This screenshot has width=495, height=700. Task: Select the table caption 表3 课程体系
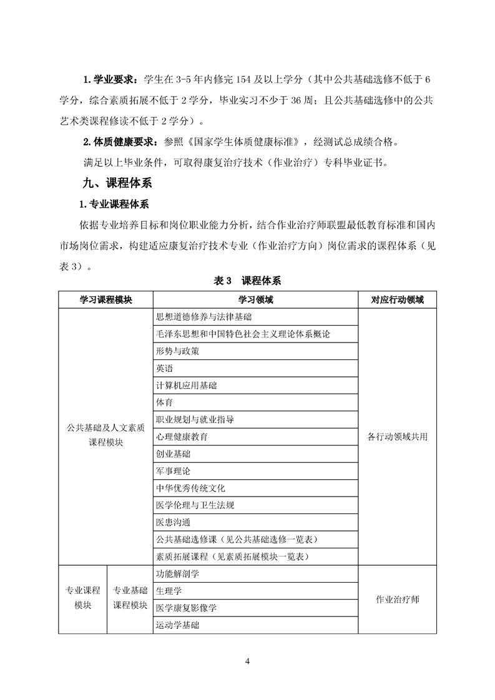tap(247, 281)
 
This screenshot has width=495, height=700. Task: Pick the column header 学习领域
tap(255, 300)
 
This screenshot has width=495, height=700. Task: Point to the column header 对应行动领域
tap(397, 300)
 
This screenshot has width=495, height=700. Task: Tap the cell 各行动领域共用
tap(397, 437)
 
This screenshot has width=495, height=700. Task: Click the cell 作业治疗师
tap(397, 599)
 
